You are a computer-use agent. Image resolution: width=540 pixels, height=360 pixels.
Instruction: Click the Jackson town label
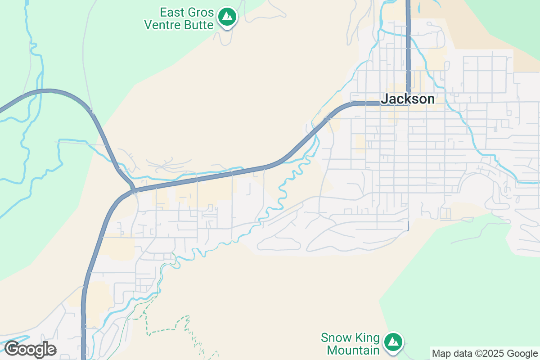[408, 99]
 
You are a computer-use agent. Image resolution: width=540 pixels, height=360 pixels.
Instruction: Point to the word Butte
[198, 25]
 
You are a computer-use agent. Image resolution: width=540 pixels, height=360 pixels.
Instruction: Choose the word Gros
[199, 11]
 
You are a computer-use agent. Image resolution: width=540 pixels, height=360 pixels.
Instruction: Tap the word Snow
[335, 337]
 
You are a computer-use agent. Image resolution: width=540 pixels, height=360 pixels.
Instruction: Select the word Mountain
[353, 350]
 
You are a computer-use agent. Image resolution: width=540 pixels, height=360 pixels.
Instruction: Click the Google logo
[30, 349]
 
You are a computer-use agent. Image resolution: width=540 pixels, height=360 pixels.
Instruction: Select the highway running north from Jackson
[408, 45]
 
